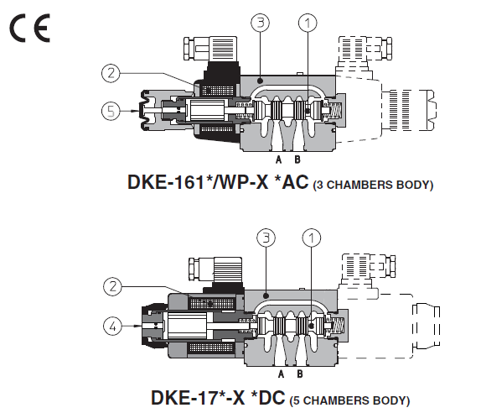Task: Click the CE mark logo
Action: coord(29,29)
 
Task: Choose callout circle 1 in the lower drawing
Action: coord(311,238)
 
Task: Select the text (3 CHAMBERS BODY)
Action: coord(373,184)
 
